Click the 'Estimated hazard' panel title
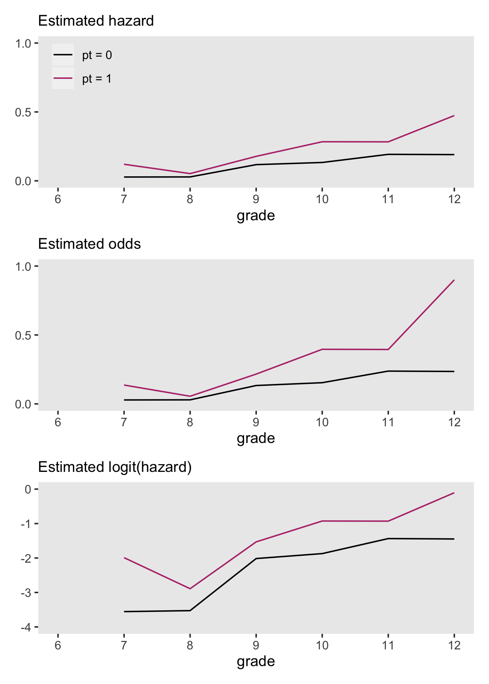click(x=96, y=21)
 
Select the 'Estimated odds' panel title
click(x=89, y=244)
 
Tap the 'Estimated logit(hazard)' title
click(x=115, y=467)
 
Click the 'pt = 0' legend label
click(x=97, y=55)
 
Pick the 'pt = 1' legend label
click(x=97, y=79)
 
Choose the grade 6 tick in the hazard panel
click(x=58, y=199)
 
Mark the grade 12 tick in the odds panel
click(x=454, y=422)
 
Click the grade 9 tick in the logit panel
click(x=256, y=645)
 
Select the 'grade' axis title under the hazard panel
click(x=256, y=215)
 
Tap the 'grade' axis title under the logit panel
click(x=256, y=662)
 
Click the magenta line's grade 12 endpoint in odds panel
click(x=454, y=280)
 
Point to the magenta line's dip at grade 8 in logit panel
click(x=190, y=588)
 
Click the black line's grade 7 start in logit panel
click(x=124, y=612)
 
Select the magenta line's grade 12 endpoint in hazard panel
click(x=454, y=116)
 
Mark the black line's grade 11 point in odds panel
click(x=388, y=371)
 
